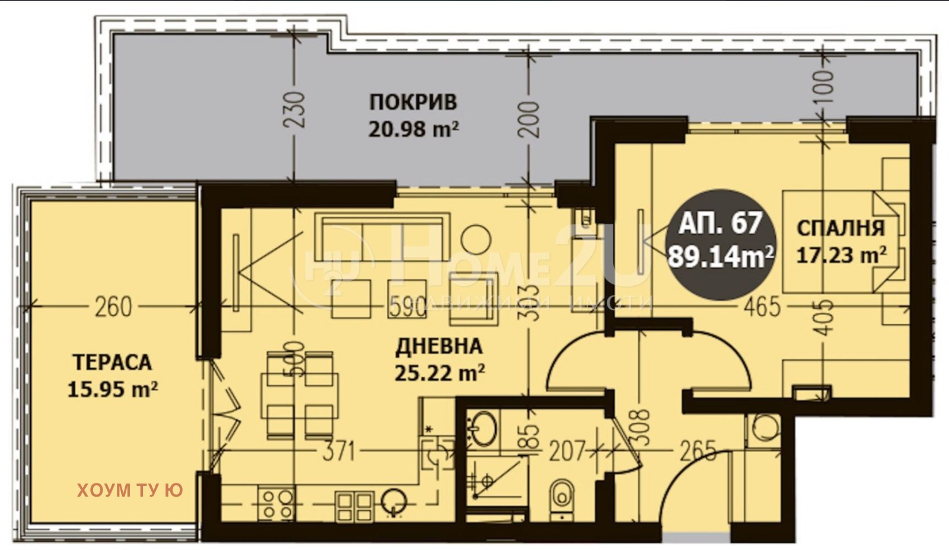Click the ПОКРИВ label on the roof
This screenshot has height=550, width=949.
pyautogui.click(x=413, y=102)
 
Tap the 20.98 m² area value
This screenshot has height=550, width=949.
pyautogui.click(x=413, y=128)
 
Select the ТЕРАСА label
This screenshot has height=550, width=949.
pyautogui.click(x=112, y=362)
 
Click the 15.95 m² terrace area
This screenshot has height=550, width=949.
pyautogui.click(x=112, y=389)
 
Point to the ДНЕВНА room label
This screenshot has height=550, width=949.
pyautogui.click(x=438, y=346)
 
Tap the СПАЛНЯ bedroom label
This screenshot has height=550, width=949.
pyautogui.click(x=840, y=228)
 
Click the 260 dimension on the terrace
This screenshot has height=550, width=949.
pyautogui.click(x=113, y=307)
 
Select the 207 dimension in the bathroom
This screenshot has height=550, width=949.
pyautogui.click(x=566, y=452)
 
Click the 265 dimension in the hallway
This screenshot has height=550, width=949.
pyautogui.click(x=698, y=452)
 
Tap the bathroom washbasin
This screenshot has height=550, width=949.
pyautogui.click(x=483, y=428)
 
